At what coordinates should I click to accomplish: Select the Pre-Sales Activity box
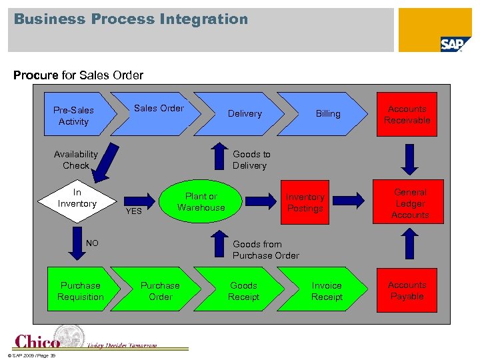(76, 115)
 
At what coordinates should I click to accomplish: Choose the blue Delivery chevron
(245, 113)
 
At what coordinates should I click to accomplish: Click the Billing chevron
(327, 113)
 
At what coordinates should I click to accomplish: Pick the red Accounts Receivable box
(407, 115)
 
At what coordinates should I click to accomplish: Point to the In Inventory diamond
(77, 198)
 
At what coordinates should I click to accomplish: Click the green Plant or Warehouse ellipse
(201, 202)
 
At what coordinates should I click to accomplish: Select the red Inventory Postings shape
(306, 203)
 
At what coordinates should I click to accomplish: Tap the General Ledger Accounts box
(410, 203)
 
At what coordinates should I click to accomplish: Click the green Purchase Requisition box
(81, 291)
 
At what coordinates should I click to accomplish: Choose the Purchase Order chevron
(160, 291)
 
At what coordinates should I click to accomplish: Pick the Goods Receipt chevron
(244, 291)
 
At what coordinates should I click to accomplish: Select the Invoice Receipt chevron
(327, 291)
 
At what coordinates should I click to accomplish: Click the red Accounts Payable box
(407, 290)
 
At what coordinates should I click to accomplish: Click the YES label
(134, 211)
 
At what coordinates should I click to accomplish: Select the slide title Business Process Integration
(131, 19)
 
